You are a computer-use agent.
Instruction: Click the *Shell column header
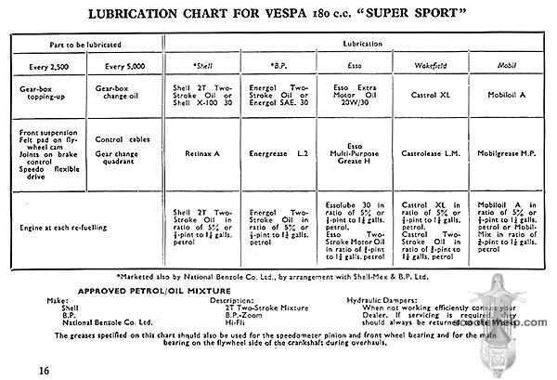pos(201,67)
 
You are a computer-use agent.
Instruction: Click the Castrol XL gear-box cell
pos(423,95)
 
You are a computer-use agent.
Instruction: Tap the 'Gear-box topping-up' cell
pos(42,95)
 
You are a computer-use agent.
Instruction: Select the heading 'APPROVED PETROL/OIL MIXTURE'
pos(140,290)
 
